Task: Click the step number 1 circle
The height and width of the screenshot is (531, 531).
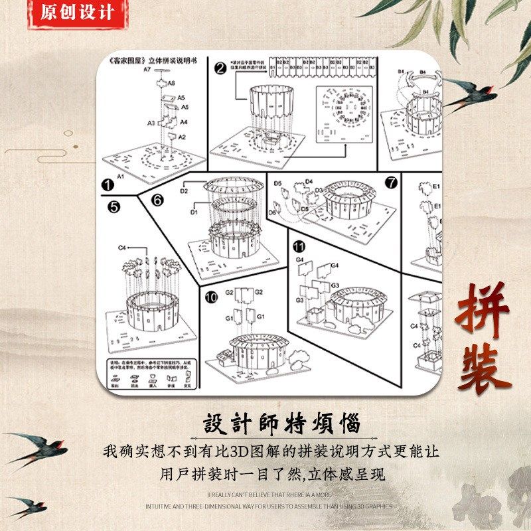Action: [107, 185]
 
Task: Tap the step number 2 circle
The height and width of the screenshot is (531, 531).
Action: [220, 68]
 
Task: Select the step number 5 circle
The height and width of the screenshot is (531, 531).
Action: [114, 207]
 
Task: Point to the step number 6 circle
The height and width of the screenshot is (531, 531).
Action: [157, 199]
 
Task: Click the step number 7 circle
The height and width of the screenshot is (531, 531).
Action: [390, 181]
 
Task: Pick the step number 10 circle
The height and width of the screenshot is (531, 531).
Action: [211, 297]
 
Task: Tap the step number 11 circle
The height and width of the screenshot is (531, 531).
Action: [299, 247]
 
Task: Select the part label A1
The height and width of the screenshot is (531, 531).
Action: [121, 177]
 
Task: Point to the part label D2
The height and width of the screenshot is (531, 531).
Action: [185, 191]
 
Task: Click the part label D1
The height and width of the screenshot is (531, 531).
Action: [194, 212]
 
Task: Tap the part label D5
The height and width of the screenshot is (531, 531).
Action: [278, 183]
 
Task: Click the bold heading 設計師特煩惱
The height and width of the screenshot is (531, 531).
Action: [281, 423]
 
